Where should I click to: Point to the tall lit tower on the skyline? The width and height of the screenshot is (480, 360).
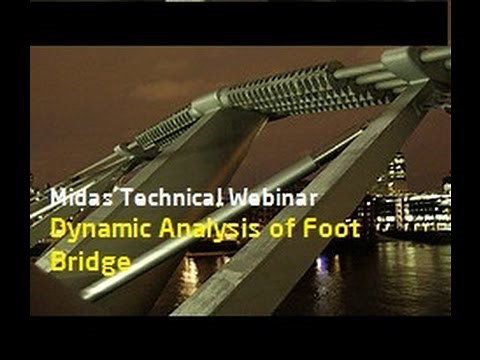(x=396, y=170)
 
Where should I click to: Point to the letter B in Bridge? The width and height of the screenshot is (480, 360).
(x=56, y=261)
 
